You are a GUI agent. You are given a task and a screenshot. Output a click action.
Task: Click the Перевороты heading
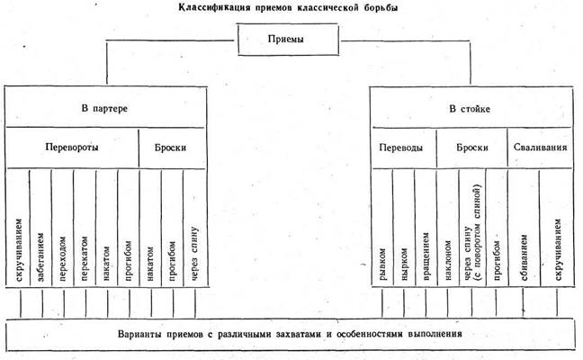[73, 148]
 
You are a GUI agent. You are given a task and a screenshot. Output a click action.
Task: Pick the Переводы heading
[402, 148]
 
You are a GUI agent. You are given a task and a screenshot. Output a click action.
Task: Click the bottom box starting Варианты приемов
[290, 334]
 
